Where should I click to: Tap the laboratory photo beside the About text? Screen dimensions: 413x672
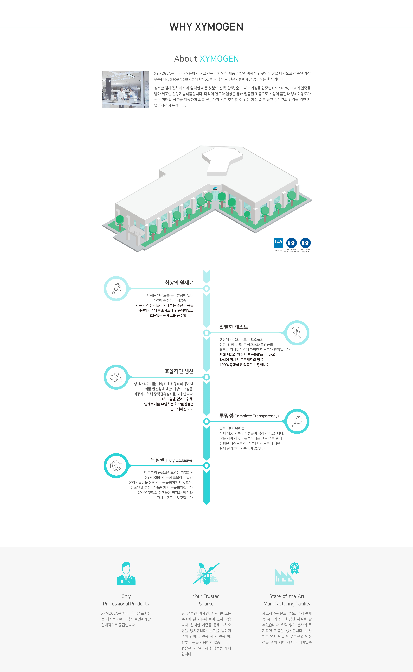pos(125,89)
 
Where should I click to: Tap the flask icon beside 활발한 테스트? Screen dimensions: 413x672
pos(297,333)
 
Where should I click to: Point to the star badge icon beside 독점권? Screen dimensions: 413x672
pos(116,466)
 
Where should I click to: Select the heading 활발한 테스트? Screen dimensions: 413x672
pos(234,327)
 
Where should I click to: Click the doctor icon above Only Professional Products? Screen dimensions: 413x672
pos(126,574)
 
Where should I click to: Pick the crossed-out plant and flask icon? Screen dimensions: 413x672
pos(206,574)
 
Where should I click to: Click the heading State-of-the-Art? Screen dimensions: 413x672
pos(287,596)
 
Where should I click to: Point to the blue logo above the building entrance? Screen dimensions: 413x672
pos(215,188)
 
